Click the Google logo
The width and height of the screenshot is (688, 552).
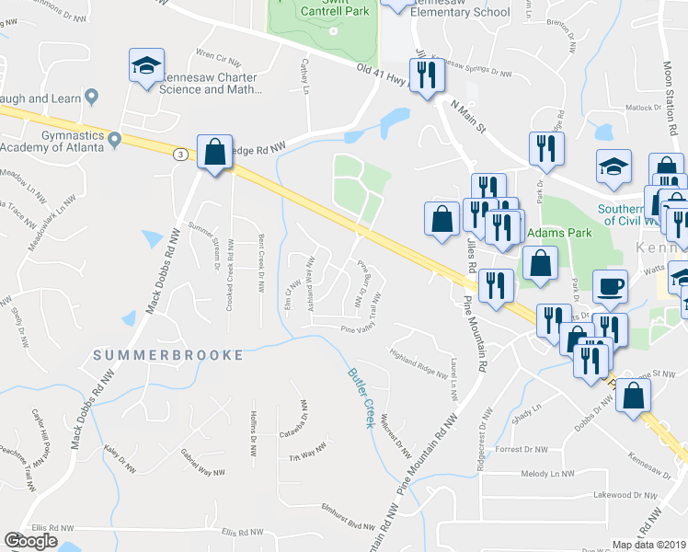[x=31, y=541]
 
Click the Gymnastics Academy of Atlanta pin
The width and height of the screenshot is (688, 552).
[x=114, y=140]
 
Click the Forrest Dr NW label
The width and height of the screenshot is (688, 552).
[x=522, y=449]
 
